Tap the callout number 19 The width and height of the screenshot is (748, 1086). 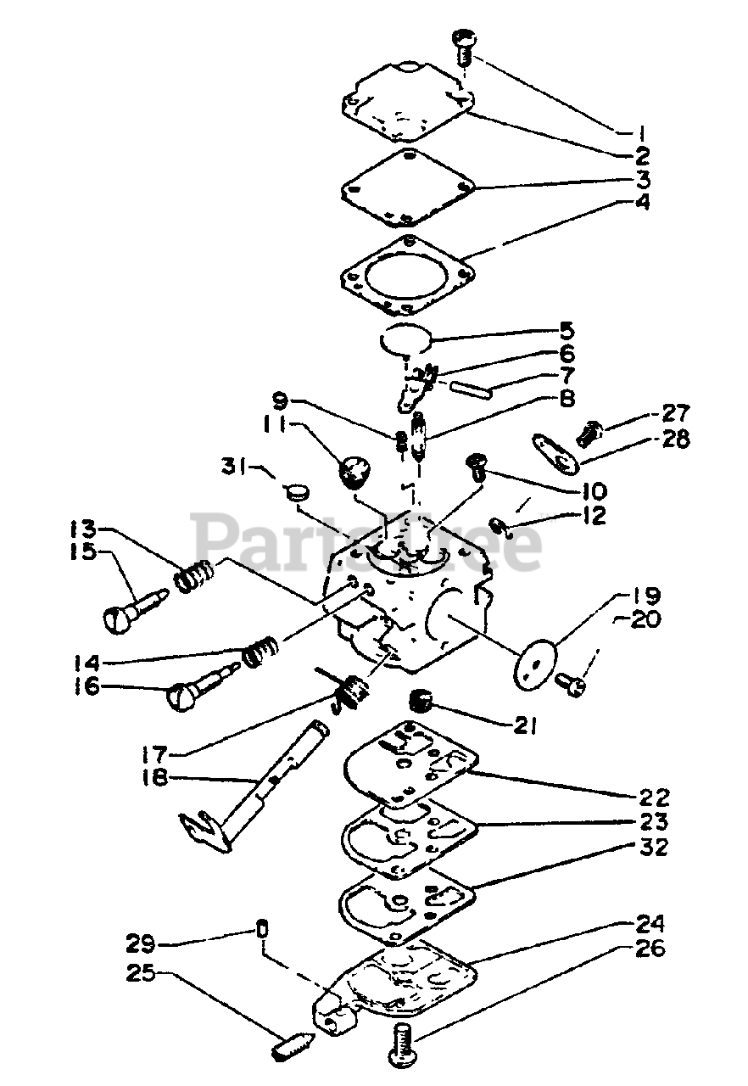[643, 597]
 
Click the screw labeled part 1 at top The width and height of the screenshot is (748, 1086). [466, 46]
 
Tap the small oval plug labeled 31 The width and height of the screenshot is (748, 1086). [297, 492]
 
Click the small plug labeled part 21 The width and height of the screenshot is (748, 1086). [421, 702]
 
